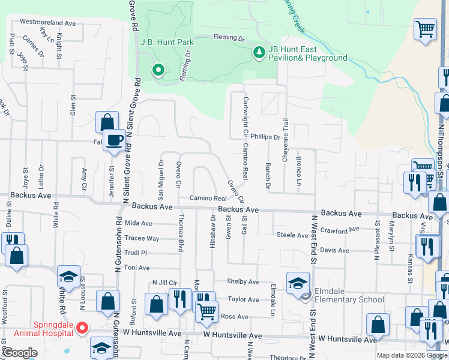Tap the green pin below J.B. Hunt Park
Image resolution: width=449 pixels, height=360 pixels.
pos(158,70)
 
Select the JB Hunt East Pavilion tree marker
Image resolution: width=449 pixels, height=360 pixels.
pos(259,53)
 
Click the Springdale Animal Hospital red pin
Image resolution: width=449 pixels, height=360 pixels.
pos(83,329)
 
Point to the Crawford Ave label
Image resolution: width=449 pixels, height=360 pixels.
pos(342,230)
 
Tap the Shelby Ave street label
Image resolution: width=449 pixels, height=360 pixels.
pos(243,281)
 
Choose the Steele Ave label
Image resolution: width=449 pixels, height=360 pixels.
pos(292,235)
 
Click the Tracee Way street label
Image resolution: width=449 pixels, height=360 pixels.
pos(142,238)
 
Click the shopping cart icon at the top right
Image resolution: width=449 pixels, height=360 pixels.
pos(425,29)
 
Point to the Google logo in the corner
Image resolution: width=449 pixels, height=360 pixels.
pos(20,353)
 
